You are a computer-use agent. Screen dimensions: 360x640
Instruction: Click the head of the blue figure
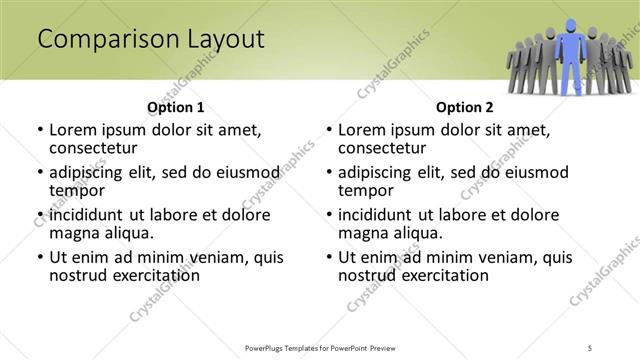click(x=571, y=26)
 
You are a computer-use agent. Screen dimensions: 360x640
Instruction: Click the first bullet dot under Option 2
click(x=329, y=130)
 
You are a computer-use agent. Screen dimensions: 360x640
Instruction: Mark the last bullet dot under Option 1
click(x=40, y=257)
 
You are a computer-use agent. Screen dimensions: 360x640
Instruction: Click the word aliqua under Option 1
click(x=125, y=233)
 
